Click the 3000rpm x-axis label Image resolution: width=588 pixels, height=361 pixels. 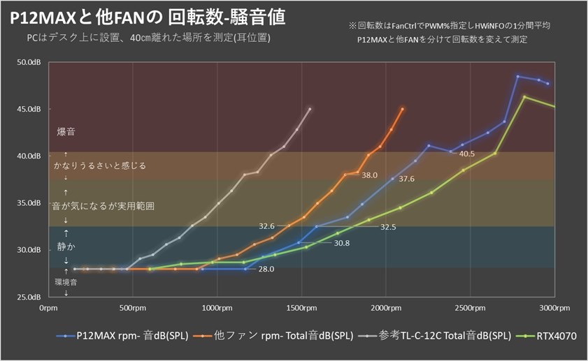tap(554, 307)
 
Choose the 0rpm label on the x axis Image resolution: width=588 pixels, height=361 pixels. tap(48, 307)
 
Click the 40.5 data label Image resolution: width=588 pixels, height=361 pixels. tap(467, 154)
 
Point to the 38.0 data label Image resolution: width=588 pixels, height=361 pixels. tap(369, 175)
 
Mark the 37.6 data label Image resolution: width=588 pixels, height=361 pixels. tap(407, 179)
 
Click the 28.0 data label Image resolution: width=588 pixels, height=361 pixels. tap(266, 269)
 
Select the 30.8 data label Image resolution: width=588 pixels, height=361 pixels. tap(342, 243)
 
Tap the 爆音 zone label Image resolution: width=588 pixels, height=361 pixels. tap(66, 131)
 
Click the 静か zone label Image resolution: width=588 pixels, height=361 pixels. tap(66, 247)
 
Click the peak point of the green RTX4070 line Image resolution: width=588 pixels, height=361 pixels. tap(524, 96)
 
